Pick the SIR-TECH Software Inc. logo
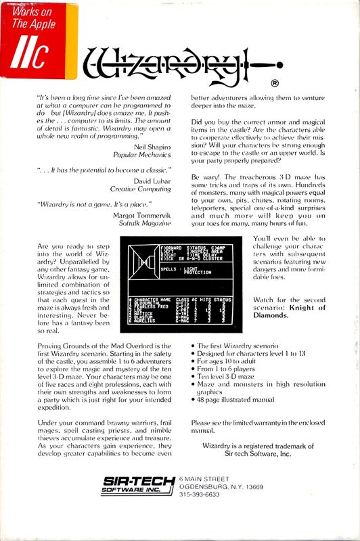point(140,486)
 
